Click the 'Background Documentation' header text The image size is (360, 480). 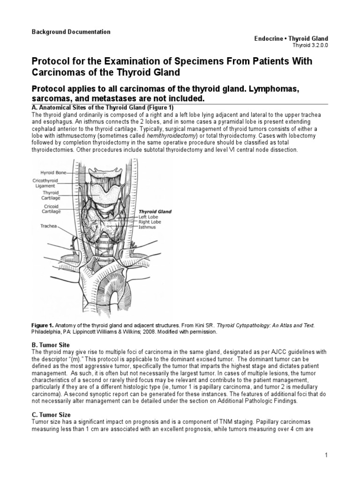tap(71, 32)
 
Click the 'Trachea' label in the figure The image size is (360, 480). tap(48, 226)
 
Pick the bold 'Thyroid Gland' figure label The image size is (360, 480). tap(155, 212)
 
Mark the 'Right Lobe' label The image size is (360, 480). tap(150, 222)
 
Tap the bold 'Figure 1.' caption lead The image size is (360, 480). tap(44, 324)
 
